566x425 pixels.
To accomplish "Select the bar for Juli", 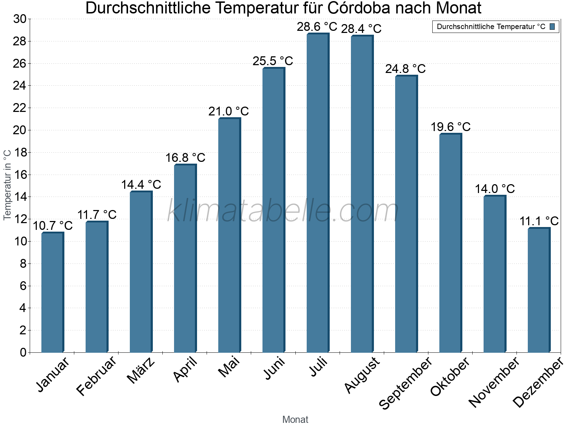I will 317,193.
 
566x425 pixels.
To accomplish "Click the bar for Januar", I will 52,292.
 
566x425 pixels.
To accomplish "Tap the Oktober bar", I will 450,243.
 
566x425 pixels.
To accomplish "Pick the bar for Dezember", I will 538,290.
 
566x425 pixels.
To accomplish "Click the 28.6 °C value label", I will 317,27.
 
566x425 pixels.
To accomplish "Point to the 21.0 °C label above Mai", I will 229,112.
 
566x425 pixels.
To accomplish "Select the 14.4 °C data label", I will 141,185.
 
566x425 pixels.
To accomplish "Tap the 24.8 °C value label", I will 405,69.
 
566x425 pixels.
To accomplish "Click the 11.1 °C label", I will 539,221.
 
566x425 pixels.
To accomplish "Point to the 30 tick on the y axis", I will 20,19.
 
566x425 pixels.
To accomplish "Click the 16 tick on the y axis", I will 20,175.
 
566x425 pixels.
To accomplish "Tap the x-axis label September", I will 405,382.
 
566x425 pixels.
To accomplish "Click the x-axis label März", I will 141,370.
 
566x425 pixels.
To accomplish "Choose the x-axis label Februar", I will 96,375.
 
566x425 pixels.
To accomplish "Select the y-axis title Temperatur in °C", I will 7,185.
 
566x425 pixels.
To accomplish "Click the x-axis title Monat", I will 295,419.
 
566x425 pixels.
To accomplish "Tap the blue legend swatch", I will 552,27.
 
